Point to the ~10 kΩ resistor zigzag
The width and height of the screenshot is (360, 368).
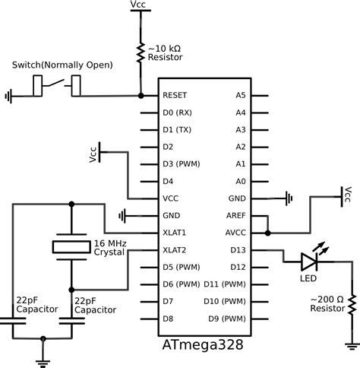[x=141, y=52]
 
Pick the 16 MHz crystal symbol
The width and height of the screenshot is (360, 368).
[x=71, y=246]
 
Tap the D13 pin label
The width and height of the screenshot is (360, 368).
[x=238, y=249]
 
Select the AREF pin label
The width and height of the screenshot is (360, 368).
[x=235, y=215]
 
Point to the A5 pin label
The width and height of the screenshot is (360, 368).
[x=241, y=96]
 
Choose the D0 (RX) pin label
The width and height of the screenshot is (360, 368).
[x=178, y=113]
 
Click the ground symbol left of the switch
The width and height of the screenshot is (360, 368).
[x=9, y=97]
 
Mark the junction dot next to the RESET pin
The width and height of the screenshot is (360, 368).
[x=141, y=96]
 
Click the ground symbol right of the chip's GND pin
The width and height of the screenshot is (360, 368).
[x=288, y=198]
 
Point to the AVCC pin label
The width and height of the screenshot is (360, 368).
[x=235, y=232]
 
